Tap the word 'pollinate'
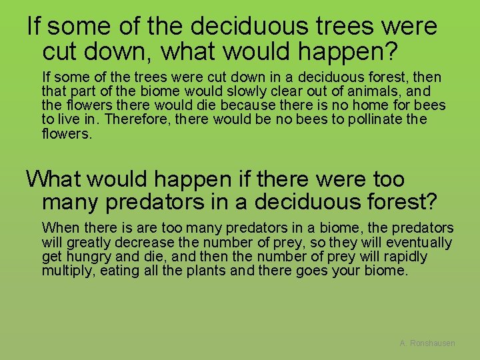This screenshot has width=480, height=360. click(369, 120)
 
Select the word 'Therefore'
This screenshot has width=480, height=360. click(131, 120)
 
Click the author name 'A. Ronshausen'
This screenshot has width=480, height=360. click(427, 343)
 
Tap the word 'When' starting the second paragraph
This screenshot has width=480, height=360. click(60, 228)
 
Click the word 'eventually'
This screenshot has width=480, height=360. click(419, 243)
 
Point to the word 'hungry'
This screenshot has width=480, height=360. click(85, 257)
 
